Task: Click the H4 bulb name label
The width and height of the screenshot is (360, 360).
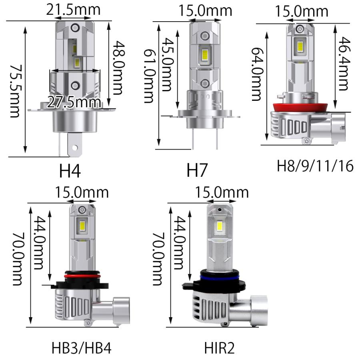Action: (70, 171)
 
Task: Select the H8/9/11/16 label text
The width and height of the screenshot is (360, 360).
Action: (315, 166)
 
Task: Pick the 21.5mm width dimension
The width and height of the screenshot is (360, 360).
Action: (73, 10)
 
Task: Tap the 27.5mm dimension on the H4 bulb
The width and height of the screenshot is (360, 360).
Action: (74, 102)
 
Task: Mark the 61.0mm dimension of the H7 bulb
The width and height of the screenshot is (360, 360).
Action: (148, 76)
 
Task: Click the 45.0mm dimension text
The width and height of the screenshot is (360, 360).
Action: (168, 64)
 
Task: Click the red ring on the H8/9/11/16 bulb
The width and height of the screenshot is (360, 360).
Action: (296, 106)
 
